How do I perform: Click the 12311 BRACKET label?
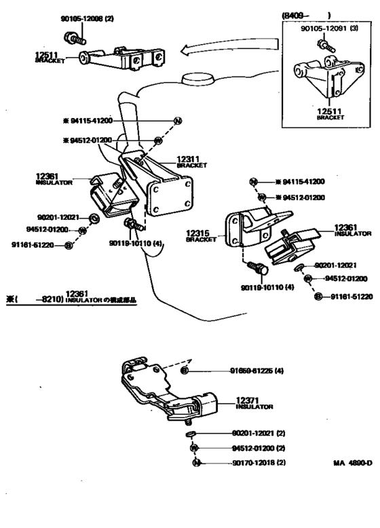point(191,161)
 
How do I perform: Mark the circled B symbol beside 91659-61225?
point(184,371)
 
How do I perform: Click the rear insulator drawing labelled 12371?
point(170,391)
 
